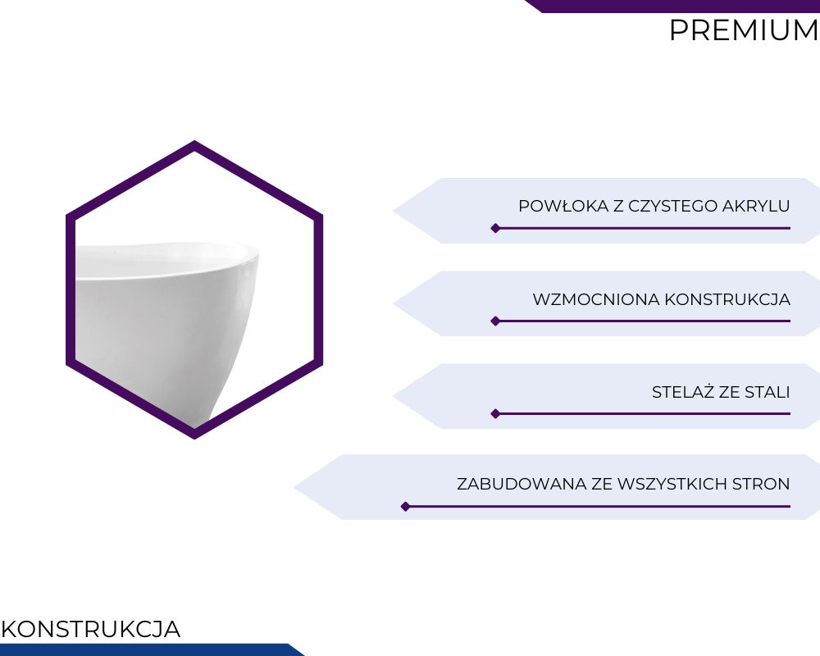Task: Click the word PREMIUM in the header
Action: click(745, 30)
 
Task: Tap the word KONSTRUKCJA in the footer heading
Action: click(91, 629)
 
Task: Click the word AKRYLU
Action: click(756, 206)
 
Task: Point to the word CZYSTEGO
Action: click(672, 206)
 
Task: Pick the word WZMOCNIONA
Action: click(596, 300)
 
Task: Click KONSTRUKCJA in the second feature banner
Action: click(727, 300)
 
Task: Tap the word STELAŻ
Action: click(683, 392)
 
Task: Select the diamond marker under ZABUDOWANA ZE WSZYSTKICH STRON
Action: click(405, 507)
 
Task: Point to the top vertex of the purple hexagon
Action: click(194, 140)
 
